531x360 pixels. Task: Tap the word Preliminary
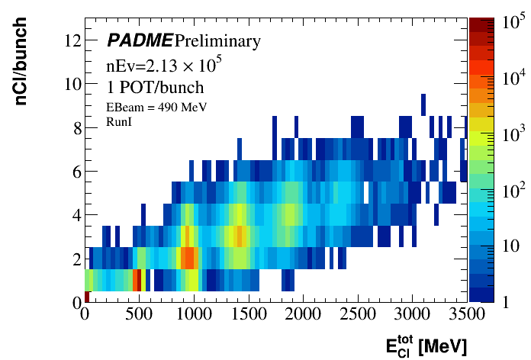(217, 40)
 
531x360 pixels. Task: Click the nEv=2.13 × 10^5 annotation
(159, 66)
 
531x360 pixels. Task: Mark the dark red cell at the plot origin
(88, 297)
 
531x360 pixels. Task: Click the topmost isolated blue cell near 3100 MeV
(423, 104)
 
